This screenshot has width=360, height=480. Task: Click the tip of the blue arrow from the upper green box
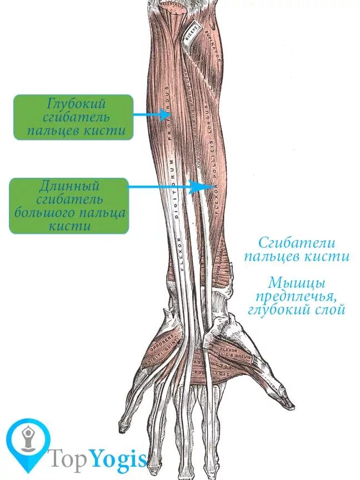pos(170,115)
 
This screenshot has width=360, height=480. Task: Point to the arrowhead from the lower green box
pos(207,187)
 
